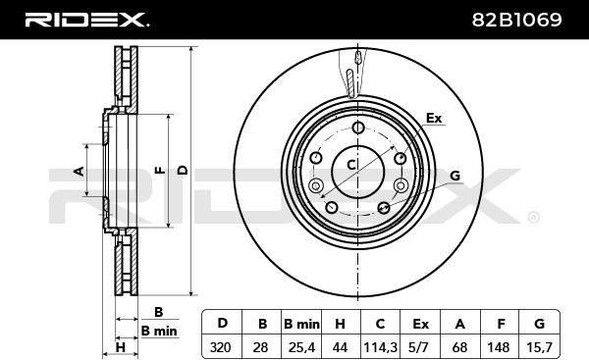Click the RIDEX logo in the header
coord(86,20)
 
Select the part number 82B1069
coord(517,20)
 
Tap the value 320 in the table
coord(221,347)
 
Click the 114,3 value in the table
coord(380,347)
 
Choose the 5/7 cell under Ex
coord(420,347)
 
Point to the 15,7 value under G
coord(539,347)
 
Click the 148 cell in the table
coord(500,347)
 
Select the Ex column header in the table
coord(420,323)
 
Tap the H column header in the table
coord(340,323)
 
